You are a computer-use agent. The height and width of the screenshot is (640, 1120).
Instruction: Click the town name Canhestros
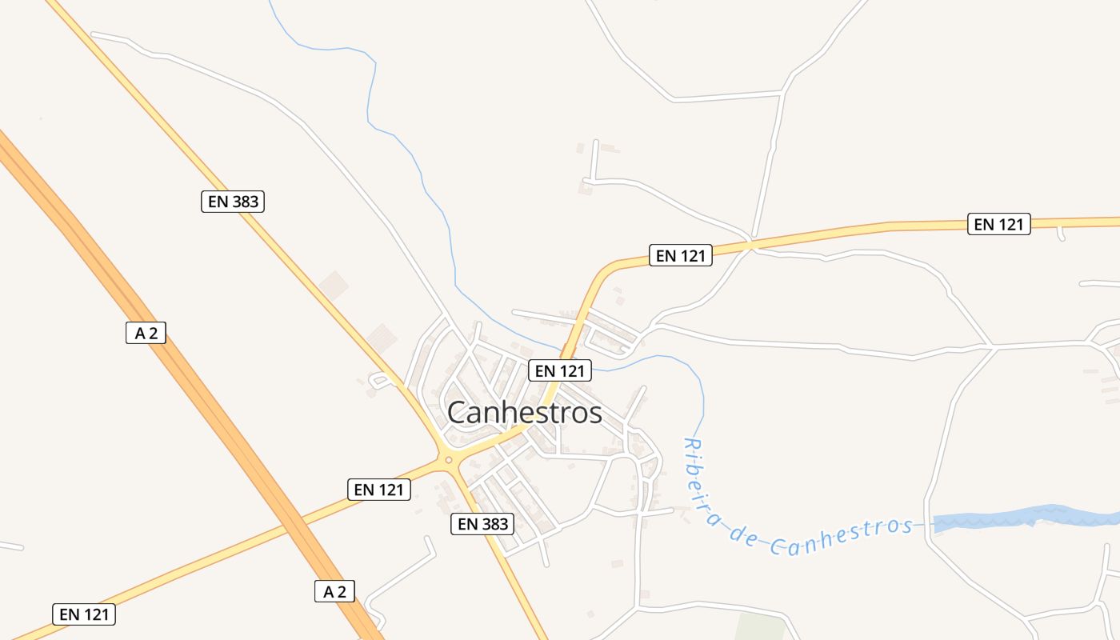click(x=524, y=413)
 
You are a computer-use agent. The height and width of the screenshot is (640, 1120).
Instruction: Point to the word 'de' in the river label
click(x=743, y=537)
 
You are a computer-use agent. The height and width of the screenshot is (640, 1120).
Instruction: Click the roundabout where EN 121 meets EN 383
click(x=449, y=460)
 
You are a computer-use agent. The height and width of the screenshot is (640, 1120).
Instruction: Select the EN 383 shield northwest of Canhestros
click(x=232, y=202)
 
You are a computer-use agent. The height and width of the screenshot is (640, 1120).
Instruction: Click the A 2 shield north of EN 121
click(x=146, y=333)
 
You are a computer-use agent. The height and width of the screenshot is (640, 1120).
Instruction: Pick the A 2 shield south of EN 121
click(x=334, y=591)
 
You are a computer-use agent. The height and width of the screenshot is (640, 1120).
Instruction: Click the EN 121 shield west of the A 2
click(x=84, y=614)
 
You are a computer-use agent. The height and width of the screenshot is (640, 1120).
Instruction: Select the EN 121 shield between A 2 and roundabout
click(x=379, y=490)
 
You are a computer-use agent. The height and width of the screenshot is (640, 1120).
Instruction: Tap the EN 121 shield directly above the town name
click(x=560, y=370)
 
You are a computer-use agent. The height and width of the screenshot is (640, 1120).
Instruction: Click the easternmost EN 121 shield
click(x=998, y=224)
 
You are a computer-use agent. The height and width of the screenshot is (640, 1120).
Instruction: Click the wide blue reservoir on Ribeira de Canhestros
click(x=1024, y=518)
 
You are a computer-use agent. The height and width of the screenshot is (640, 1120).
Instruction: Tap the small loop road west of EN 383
click(x=377, y=380)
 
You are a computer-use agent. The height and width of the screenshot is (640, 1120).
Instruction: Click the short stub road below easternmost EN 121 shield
click(x=1061, y=234)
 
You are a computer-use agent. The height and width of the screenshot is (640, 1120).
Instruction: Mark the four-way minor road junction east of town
click(x=993, y=346)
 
